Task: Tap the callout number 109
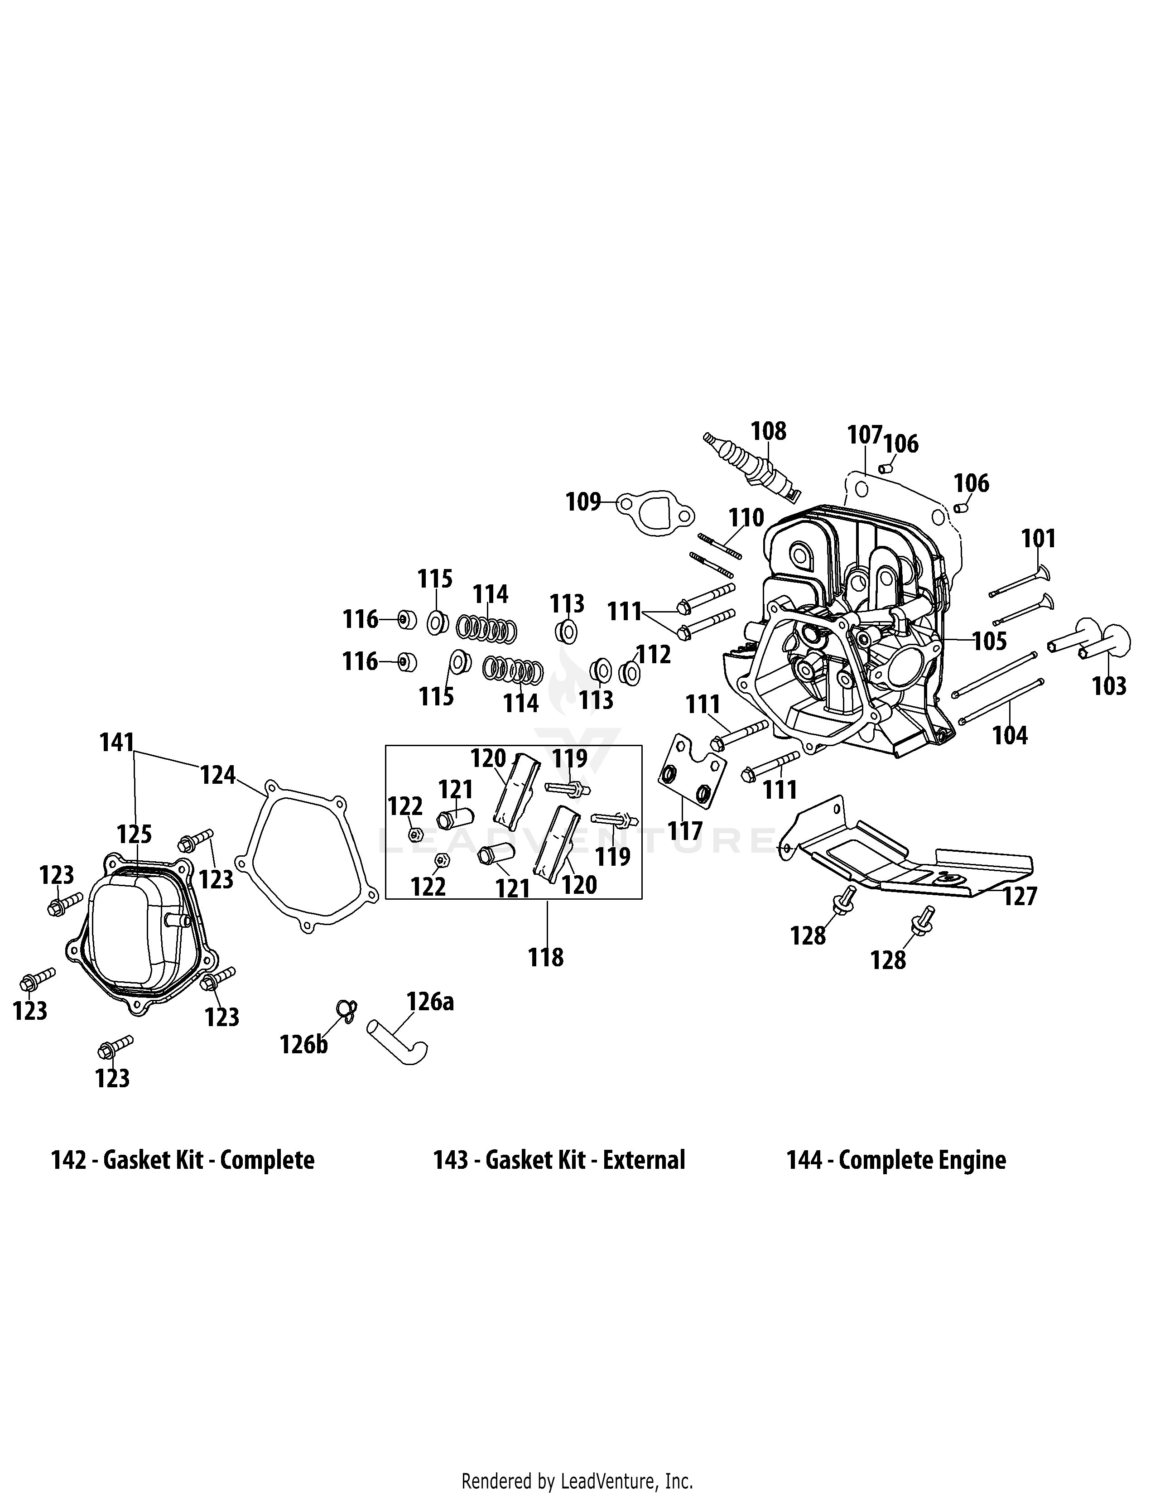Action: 582,502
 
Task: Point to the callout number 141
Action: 116,742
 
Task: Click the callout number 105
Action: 989,641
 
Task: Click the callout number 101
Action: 1039,539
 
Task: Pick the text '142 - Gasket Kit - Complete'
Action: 183,1160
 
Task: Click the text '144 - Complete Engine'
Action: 895,1160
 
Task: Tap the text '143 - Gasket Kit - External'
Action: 559,1160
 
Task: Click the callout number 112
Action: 654,655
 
